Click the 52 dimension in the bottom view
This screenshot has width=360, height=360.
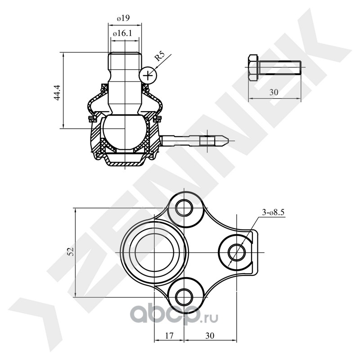click(x=70, y=252)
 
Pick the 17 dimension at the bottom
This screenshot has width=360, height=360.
click(x=169, y=335)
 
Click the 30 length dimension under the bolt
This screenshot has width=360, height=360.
click(x=274, y=92)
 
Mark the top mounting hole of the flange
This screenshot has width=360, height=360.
click(x=184, y=208)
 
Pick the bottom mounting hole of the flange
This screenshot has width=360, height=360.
click(x=184, y=296)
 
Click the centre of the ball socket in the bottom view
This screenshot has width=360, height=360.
click(x=153, y=251)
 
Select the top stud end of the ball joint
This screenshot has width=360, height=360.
click(x=124, y=58)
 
